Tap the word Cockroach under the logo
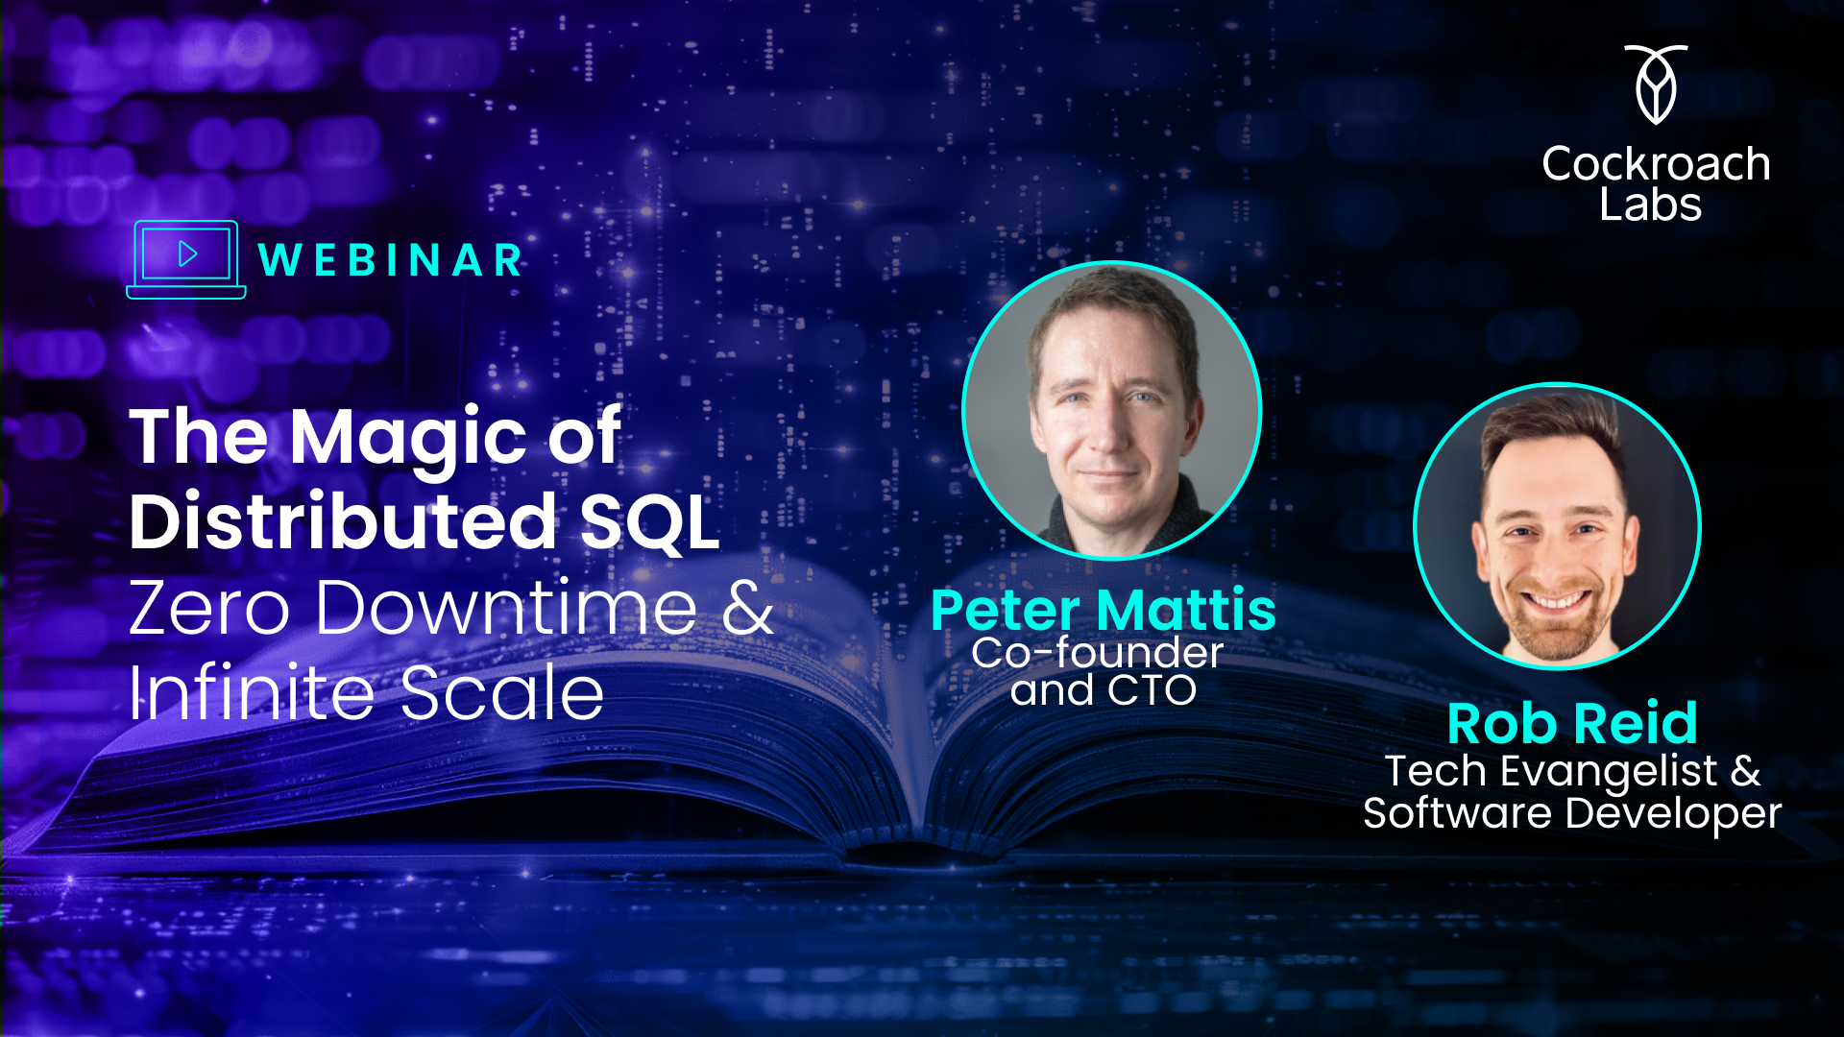click(x=1656, y=164)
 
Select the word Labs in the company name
click(x=1650, y=205)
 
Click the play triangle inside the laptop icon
click(x=187, y=254)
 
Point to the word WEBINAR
click(x=391, y=260)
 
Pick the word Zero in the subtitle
click(x=209, y=608)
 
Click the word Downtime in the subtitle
click(x=506, y=608)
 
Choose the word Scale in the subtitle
click(x=501, y=692)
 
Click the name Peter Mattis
click(x=1104, y=611)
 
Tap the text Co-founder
click(x=1097, y=653)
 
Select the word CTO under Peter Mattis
click(x=1152, y=690)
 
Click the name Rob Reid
click(x=1572, y=723)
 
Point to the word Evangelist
click(x=1608, y=771)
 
